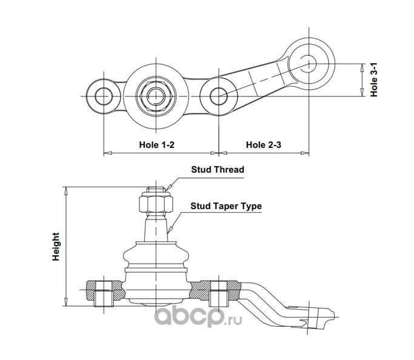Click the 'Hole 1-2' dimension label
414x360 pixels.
coord(156,145)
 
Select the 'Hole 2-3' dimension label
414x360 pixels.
coord(264,145)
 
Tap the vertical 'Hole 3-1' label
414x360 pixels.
coord(374,80)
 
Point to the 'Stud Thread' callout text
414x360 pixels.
coord(218,170)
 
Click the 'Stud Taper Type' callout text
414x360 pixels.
coord(226,206)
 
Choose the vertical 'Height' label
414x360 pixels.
coord(56,247)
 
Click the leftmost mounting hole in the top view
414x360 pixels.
coord(104,96)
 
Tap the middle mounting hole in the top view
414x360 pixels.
coord(219,96)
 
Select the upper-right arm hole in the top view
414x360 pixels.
coord(309,64)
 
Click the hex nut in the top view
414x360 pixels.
coord(156,96)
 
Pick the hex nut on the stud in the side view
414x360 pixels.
coord(156,202)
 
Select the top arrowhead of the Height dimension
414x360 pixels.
coord(66,190)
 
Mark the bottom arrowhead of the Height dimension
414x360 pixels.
coord(66,302)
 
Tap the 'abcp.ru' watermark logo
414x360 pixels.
coord(198,317)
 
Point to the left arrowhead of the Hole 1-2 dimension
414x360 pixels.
coord(108,153)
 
